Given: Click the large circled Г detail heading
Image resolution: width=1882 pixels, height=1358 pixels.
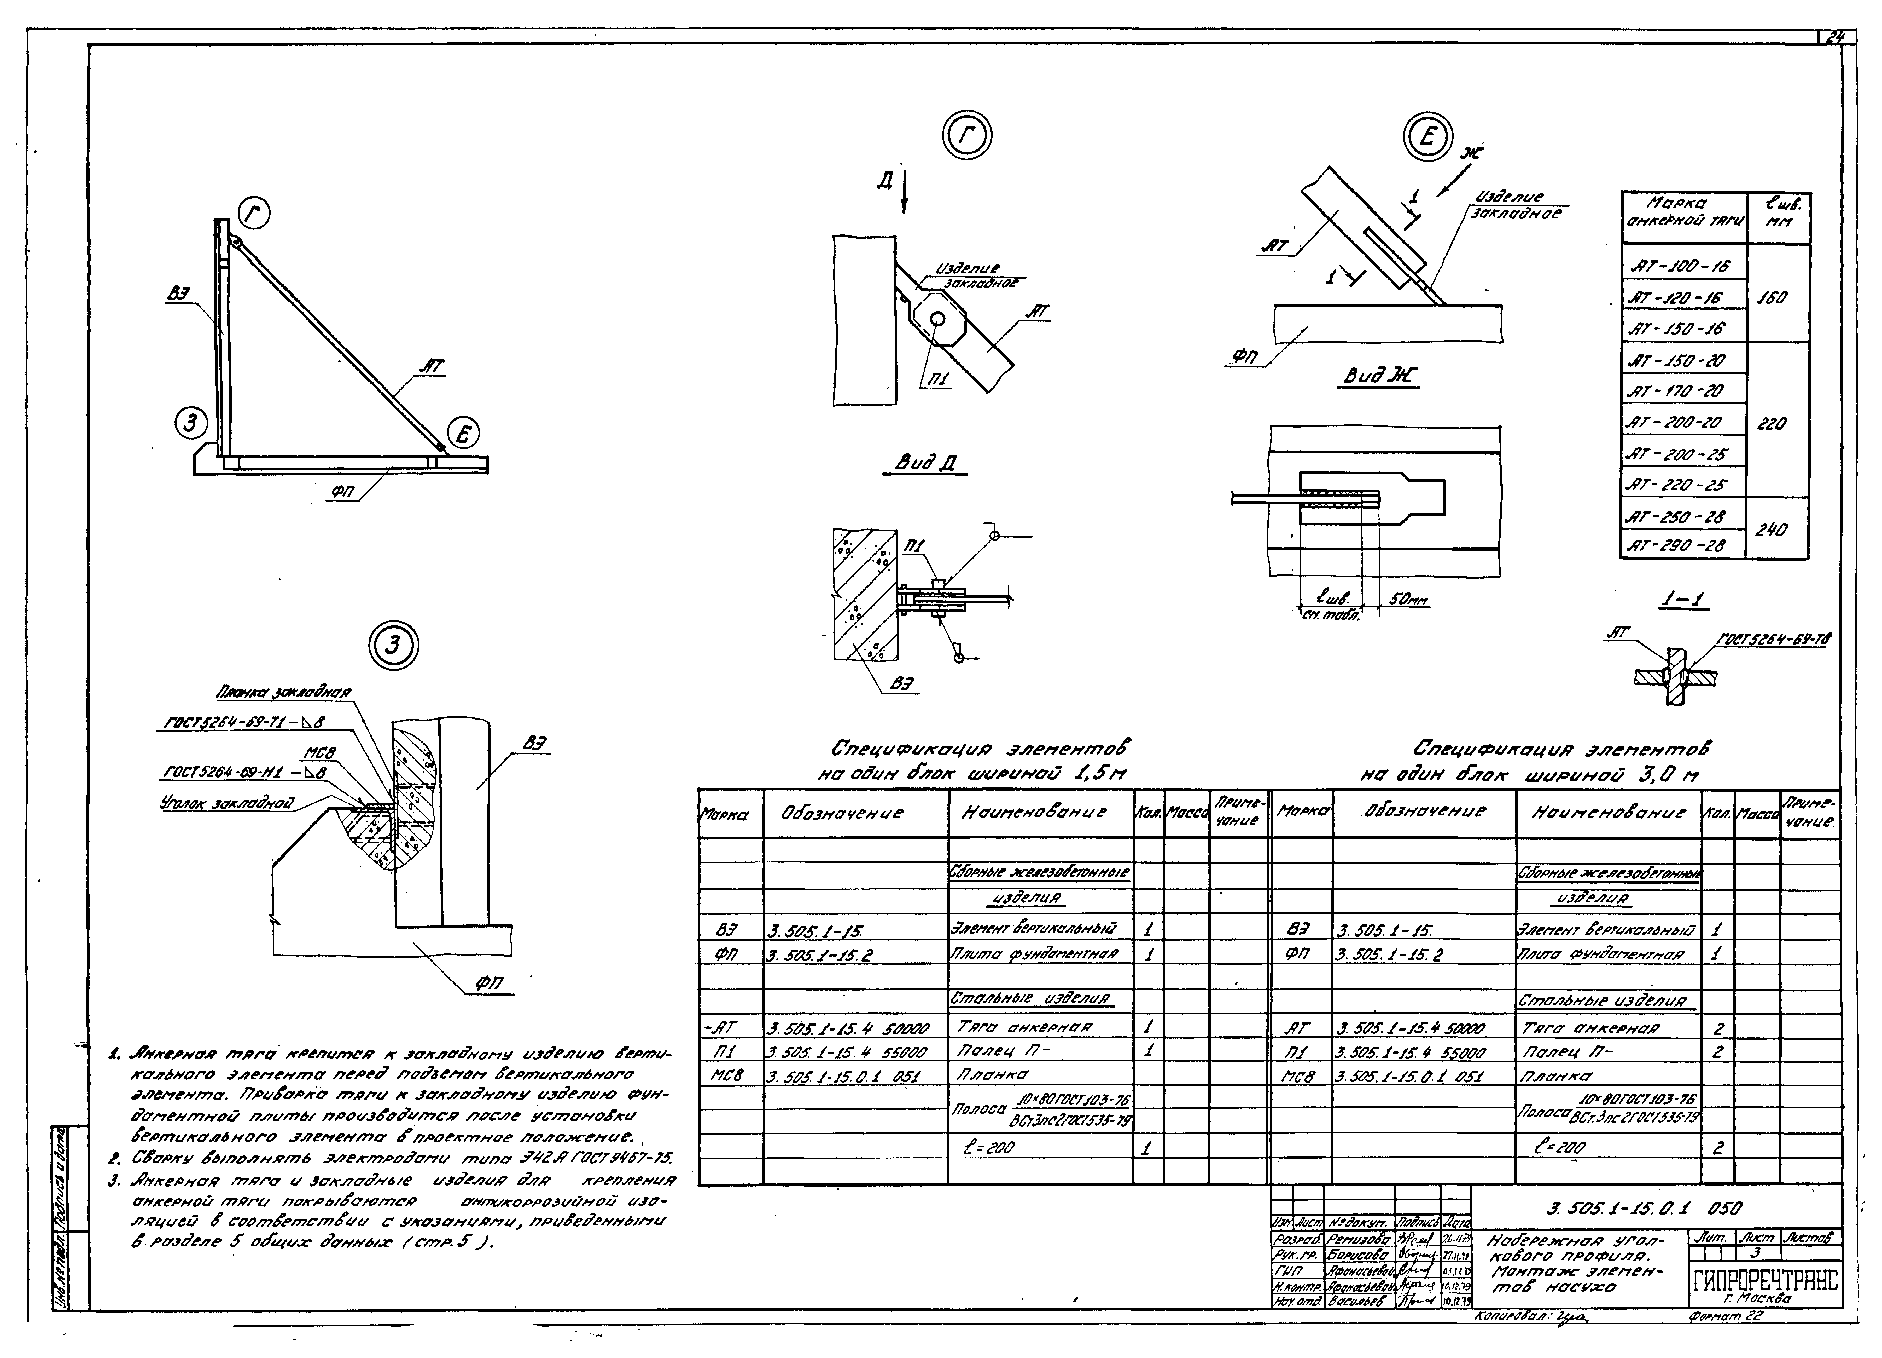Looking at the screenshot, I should click(967, 135).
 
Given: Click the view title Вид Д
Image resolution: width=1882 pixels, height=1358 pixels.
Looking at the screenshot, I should click(929, 462).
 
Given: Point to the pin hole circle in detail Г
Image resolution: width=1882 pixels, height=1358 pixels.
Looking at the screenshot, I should click(938, 320).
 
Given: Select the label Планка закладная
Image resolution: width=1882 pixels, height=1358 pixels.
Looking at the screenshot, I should click(284, 692).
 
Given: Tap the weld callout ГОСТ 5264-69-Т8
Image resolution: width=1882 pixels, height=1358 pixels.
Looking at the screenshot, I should click(1773, 639).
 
